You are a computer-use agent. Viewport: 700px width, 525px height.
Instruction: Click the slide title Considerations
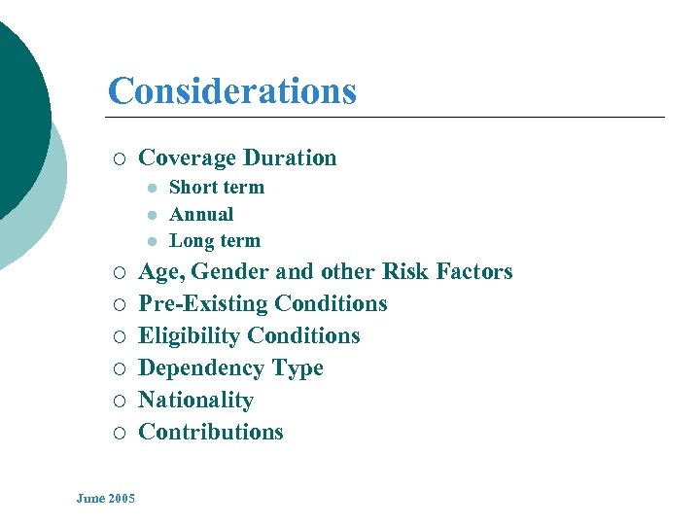232,91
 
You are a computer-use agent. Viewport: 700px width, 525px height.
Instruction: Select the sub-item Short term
216,188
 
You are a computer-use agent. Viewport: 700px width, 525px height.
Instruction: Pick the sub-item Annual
201,214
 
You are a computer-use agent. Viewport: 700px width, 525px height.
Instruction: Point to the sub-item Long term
215,240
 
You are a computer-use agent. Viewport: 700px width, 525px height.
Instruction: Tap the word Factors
474,272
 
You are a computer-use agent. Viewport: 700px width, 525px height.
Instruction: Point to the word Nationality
195,401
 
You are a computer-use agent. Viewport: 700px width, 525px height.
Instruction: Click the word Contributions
211,433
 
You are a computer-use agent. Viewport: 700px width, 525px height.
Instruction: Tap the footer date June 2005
106,499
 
